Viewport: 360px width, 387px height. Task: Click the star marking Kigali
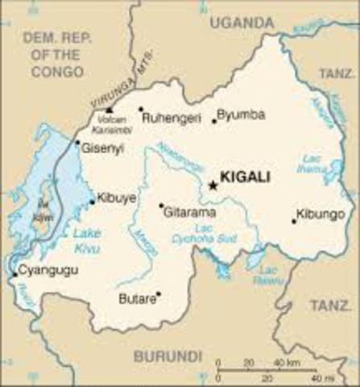(213, 185)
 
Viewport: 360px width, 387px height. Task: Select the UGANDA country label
(241, 24)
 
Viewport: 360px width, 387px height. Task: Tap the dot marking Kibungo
(294, 221)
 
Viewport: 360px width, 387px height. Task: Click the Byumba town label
(242, 114)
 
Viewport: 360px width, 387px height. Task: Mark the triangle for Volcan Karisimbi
(110, 109)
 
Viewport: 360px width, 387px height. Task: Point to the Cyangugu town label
(48, 270)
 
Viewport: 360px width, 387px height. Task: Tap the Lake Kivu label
(85, 240)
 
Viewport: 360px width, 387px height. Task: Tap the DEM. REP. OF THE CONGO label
(53, 55)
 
